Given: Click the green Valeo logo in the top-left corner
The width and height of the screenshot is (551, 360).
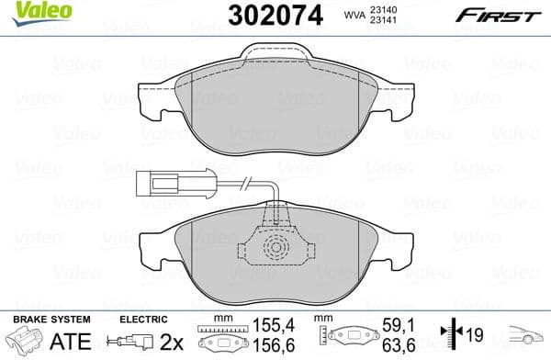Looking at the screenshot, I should [x=29, y=12].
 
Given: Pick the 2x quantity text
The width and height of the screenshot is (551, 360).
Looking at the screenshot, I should [x=171, y=341].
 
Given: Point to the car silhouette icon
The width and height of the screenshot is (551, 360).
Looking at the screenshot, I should [x=528, y=337].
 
